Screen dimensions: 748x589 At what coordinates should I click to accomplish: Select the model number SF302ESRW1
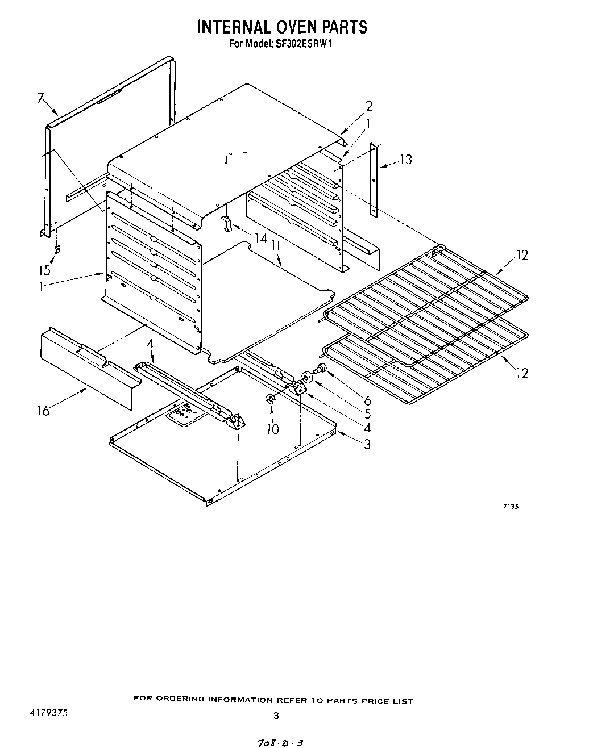[303, 44]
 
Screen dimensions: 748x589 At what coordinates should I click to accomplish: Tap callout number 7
[40, 98]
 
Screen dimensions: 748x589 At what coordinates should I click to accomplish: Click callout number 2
[369, 106]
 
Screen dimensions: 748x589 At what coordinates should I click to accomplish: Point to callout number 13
[405, 160]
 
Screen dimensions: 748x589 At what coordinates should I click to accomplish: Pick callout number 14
[260, 239]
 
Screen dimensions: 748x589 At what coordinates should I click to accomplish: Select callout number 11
[276, 245]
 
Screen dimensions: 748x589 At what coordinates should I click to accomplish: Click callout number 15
[44, 270]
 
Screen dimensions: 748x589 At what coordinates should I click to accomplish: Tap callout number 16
[44, 411]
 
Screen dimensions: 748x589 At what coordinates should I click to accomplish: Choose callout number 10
[273, 429]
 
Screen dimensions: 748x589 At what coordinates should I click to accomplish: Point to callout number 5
[367, 415]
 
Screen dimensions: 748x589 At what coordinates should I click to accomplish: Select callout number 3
[367, 444]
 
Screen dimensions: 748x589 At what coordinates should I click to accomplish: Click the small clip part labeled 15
[57, 249]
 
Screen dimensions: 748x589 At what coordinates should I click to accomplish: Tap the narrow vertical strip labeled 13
[374, 179]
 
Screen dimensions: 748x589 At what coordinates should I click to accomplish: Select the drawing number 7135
[510, 507]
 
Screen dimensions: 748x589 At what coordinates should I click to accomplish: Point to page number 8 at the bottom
[276, 716]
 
